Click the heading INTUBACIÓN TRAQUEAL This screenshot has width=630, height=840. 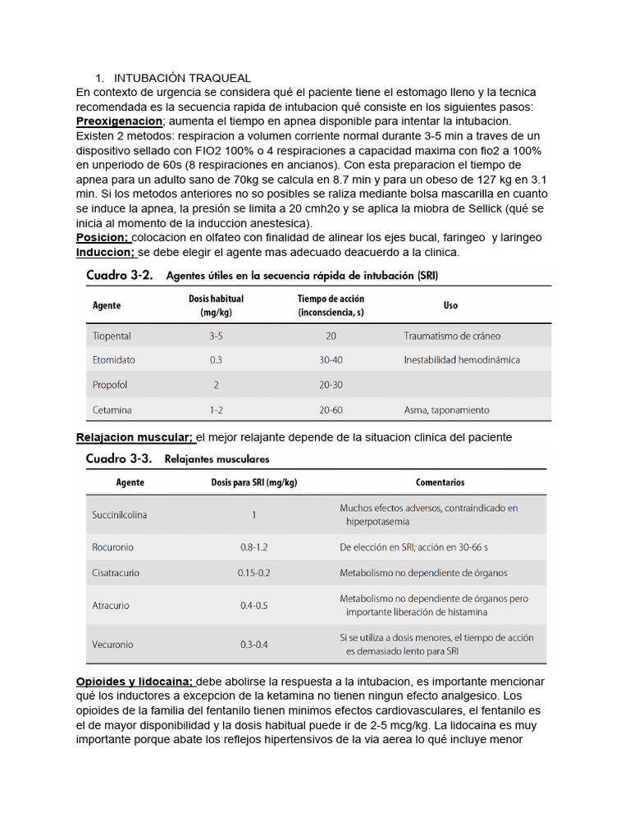point(182,78)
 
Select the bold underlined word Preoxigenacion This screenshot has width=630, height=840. point(114,121)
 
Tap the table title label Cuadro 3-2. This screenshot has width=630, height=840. point(119,276)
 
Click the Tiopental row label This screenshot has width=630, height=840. point(112,336)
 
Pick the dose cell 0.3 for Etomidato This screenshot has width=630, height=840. point(216,360)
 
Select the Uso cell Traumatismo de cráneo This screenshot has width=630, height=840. point(452,336)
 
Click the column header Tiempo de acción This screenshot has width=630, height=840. point(331,305)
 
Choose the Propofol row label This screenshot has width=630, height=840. point(110,385)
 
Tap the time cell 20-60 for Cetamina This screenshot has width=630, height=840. point(331,409)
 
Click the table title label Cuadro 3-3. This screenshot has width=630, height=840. point(119,459)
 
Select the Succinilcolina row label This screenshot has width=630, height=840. point(120,515)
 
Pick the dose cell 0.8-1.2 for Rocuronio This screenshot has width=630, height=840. point(254,547)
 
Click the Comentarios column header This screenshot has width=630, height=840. point(440,482)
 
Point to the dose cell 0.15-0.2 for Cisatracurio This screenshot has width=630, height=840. point(254,573)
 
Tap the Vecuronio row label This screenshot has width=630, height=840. point(113,645)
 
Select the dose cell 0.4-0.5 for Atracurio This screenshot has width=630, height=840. point(254,606)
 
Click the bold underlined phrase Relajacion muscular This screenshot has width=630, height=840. point(135,437)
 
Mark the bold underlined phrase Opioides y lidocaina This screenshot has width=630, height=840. point(135,682)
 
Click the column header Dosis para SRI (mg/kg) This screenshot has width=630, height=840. point(253,482)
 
